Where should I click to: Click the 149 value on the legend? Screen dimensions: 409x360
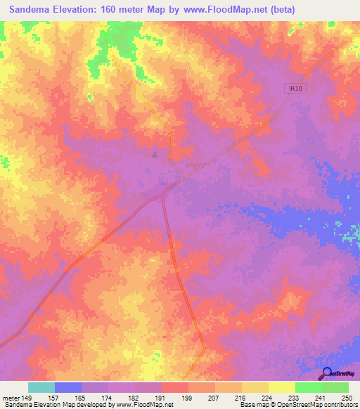[27, 397]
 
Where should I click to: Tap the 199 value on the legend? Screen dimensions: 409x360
[188, 397]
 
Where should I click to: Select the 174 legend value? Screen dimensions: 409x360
[108, 397]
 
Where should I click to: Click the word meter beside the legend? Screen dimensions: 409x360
[11, 397]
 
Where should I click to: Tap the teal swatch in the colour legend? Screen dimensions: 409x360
[41, 387]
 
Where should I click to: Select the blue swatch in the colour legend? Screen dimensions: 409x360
[67, 387]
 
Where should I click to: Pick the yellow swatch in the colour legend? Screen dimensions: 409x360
[281, 387]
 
